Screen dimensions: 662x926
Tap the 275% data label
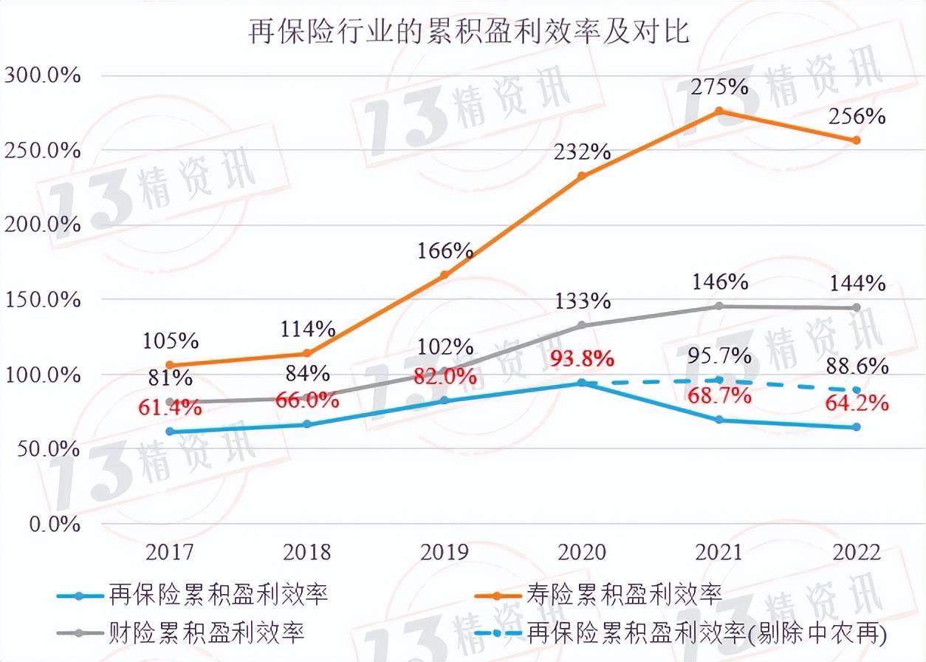coord(719,86)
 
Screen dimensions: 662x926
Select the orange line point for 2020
coord(582,176)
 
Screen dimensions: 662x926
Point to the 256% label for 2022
coord(857,117)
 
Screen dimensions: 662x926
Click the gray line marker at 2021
coord(719,306)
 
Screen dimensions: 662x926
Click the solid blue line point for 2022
coord(857,427)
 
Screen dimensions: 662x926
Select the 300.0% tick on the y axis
coord(42,76)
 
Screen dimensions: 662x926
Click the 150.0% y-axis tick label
coord(42,300)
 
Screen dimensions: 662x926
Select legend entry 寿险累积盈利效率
coord(624,593)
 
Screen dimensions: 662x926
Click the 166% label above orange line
coord(446,250)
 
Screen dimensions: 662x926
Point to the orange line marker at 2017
coord(170,365)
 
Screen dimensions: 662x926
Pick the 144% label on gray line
coord(857,283)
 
